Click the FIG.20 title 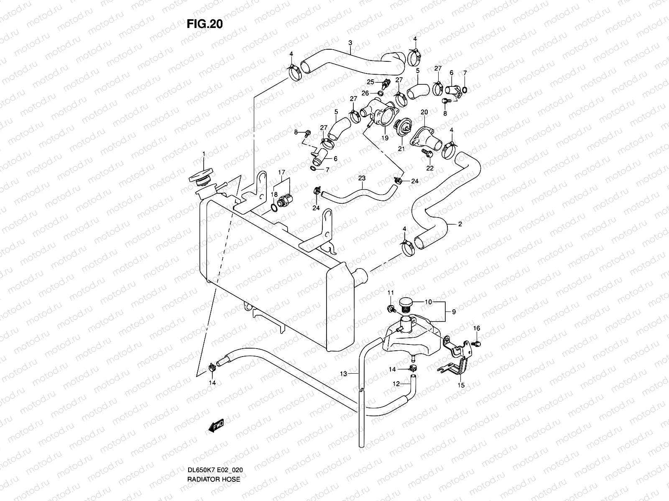(x=204, y=24)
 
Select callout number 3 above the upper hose (x=350, y=43)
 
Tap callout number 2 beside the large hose (x=460, y=224)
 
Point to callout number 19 (x=384, y=137)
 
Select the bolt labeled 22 (x=427, y=153)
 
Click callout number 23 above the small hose (x=362, y=178)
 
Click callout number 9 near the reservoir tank (x=454, y=311)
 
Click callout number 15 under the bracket (x=461, y=385)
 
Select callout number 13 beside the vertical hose (x=343, y=374)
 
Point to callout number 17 (x=281, y=172)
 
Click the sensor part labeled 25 (x=386, y=82)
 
